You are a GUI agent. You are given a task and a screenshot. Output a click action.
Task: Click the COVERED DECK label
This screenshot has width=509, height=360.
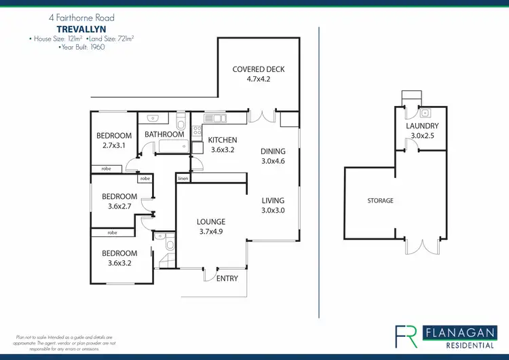point(259,69)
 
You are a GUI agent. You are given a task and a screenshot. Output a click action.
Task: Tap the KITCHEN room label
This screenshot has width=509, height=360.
point(223,140)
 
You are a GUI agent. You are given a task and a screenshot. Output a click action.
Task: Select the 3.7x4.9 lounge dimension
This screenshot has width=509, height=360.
point(211,232)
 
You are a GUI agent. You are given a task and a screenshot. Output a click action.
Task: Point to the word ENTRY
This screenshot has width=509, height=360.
point(227,278)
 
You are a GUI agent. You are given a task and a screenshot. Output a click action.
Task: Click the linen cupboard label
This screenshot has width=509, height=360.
point(183,179)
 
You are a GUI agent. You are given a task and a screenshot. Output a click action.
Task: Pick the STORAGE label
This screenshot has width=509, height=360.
point(380,201)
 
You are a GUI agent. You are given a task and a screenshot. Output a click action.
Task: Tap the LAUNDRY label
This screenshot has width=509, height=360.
point(422,126)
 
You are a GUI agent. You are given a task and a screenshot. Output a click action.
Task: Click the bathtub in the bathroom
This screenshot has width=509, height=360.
point(173,146)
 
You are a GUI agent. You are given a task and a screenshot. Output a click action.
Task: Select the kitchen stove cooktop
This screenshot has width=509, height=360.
point(197,131)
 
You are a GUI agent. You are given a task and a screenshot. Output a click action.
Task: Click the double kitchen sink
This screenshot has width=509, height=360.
point(215,118)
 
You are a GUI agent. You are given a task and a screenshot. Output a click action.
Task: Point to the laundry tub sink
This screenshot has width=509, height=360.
point(426,113)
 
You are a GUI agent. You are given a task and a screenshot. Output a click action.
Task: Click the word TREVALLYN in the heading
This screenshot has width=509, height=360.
point(81,29)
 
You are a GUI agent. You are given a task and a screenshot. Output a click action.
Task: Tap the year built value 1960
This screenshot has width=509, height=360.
point(97,47)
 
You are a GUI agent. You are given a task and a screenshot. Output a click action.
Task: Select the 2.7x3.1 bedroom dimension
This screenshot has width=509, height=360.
point(114,145)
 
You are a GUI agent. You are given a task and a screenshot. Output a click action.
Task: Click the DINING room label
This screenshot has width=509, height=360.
point(273,151)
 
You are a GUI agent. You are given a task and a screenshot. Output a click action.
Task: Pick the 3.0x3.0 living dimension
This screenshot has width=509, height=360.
point(273,210)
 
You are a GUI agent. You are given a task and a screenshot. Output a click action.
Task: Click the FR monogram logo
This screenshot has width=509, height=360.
point(406,337)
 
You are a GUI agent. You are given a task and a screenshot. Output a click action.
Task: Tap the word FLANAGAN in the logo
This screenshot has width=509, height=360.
point(460,333)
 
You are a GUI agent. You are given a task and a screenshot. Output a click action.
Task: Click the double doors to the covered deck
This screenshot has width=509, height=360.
point(262,117)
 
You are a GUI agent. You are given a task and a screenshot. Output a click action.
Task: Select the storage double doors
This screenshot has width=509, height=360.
point(422,247)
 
